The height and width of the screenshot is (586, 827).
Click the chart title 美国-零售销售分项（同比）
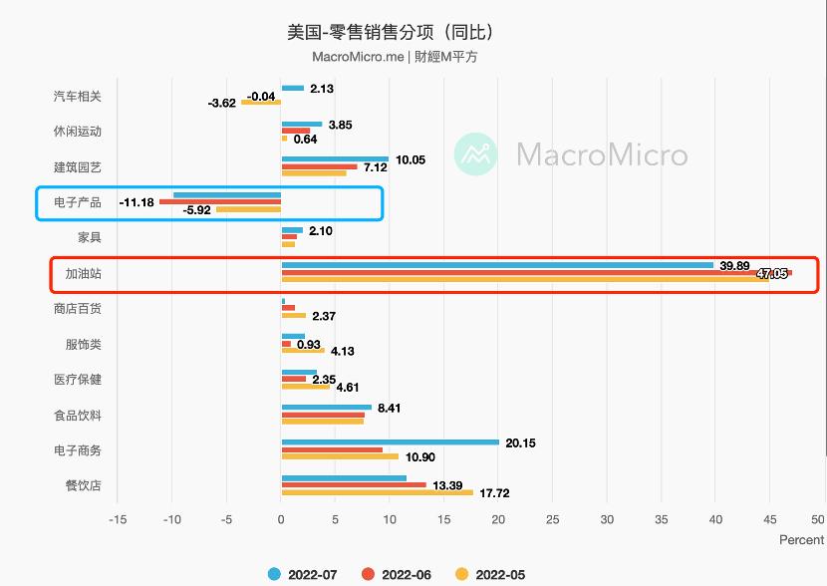(x=391, y=32)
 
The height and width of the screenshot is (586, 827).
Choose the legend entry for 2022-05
(x=489, y=574)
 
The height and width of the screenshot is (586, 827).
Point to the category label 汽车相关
(x=77, y=96)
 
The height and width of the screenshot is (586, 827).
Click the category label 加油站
(x=83, y=273)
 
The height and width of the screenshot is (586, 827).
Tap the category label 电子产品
(x=77, y=202)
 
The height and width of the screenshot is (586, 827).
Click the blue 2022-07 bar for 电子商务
(x=390, y=441)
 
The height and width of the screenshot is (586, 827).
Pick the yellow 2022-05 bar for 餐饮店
(x=377, y=492)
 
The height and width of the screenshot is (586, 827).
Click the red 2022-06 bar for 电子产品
(x=220, y=202)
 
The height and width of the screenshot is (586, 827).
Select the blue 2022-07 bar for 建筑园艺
(x=335, y=158)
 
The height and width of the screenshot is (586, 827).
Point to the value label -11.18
(x=136, y=202)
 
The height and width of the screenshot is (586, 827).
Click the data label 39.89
(x=734, y=265)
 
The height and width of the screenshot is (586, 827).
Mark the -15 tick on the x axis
(x=118, y=519)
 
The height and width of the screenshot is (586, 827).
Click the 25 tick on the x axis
(x=552, y=519)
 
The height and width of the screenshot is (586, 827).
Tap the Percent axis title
(x=801, y=540)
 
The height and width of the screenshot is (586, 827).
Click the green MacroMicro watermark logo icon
(x=476, y=154)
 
